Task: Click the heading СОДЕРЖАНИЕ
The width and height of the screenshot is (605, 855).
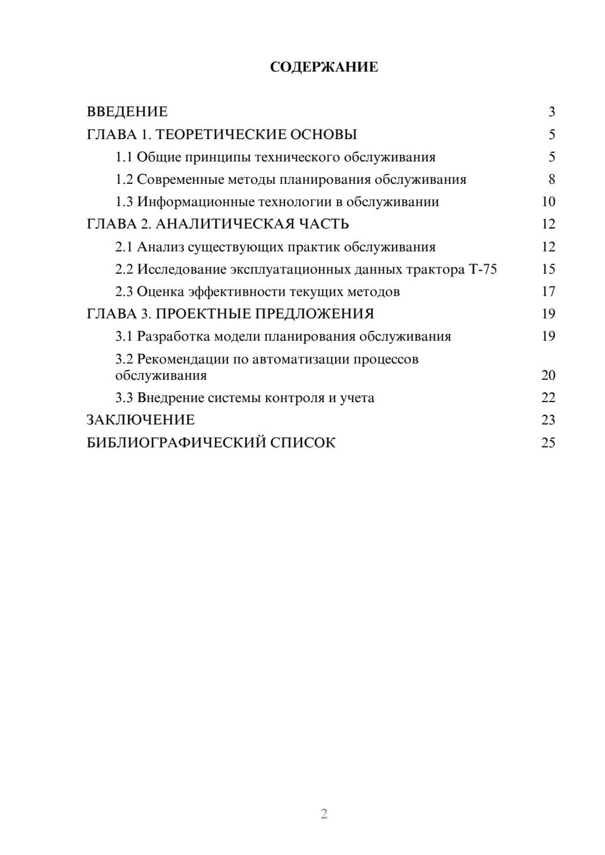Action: point(324,67)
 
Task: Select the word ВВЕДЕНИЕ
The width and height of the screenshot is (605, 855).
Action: point(127,112)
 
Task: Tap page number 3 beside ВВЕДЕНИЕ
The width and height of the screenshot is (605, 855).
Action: point(551,112)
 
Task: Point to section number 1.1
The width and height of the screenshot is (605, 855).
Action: point(124,157)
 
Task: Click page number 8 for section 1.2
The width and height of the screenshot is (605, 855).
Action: point(551,180)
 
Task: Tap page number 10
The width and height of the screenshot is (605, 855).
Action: point(548,202)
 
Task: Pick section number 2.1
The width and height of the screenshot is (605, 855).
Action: point(124,247)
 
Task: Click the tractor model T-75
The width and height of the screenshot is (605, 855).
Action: point(483,269)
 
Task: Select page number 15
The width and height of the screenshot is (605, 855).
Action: point(548,269)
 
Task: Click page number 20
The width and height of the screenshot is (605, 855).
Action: point(548,375)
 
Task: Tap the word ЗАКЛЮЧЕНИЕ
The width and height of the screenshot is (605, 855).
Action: point(140,420)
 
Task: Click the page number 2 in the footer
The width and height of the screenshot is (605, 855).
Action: point(324,814)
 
